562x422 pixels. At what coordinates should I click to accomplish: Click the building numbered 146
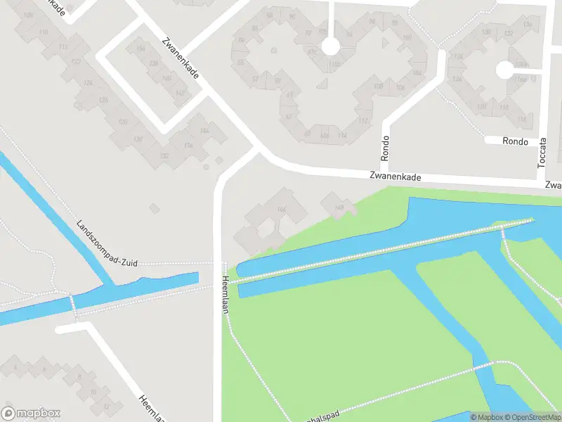click(282, 210)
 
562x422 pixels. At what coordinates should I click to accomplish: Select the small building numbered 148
click(339, 206)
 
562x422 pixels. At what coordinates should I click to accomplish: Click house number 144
click(204, 131)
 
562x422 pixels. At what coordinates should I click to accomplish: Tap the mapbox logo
click(31, 414)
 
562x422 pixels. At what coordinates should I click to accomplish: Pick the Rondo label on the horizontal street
click(515, 141)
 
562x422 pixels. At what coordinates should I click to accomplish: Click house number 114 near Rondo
click(342, 135)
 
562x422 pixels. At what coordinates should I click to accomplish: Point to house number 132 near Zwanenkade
click(164, 155)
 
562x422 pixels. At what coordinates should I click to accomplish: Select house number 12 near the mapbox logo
click(106, 406)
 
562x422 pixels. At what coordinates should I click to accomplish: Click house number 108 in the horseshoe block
click(379, 87)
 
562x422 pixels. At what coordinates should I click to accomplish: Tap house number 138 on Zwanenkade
click(152, 63)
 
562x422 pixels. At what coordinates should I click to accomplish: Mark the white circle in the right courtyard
click(504, 70)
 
